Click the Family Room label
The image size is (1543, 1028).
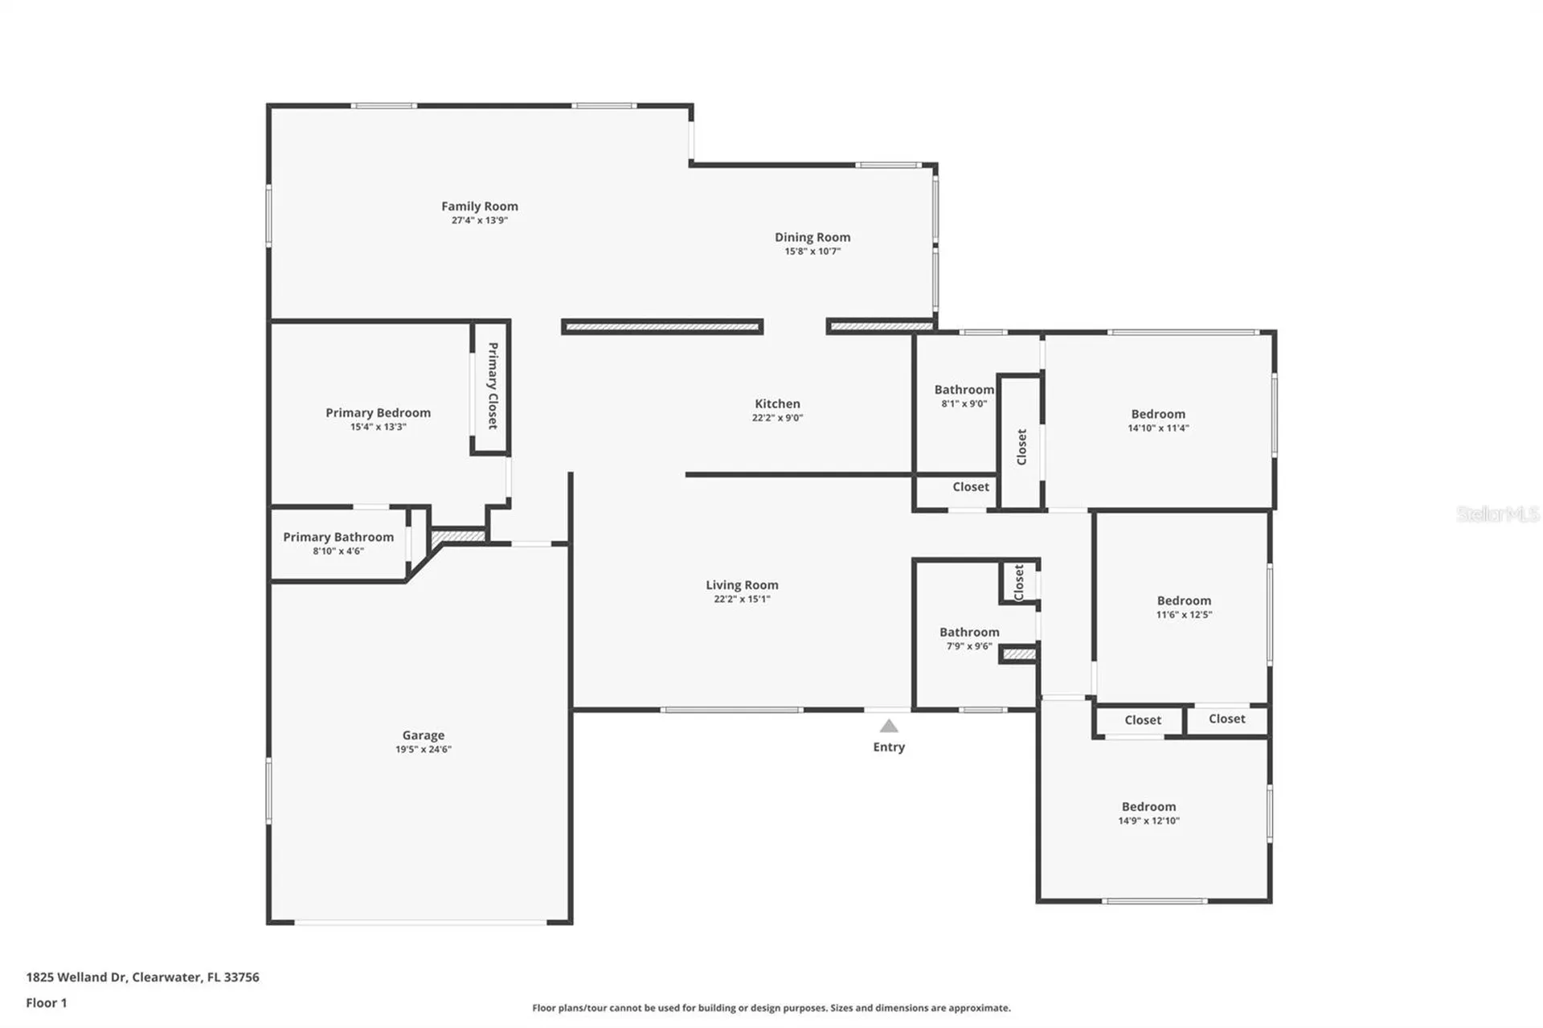[x=480, y=207]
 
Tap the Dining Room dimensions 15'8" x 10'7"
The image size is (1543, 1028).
[x=812, y=252]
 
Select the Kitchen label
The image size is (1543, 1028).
[x=777, y=403]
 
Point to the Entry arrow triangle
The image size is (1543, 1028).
[x=888, y=726]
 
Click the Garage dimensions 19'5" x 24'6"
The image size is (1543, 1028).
[x=424, y=749]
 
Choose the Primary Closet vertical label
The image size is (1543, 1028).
[x=493, y=386]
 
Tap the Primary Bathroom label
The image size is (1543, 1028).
[x=338, y=537]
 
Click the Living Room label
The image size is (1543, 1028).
[x=742, y=585]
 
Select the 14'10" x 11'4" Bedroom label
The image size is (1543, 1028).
[x=1158, y=414]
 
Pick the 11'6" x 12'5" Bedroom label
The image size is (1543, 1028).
[x=1184, y=600]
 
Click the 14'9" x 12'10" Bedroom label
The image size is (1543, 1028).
[x=1148, y=806]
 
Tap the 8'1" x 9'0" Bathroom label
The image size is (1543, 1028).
[x=964, y=390]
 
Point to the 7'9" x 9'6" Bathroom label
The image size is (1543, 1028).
[x=969, y=633]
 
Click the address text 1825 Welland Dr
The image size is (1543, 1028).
[x=76, y=977]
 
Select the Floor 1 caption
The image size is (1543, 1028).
[x=47, y=1003]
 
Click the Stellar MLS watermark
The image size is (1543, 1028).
[x=1498, y=514]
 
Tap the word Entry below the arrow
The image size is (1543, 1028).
[x=889, y=747]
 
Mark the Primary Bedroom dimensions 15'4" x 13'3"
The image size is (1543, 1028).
[x=379, y=427]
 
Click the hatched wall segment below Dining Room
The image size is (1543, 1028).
[x=881, y=326]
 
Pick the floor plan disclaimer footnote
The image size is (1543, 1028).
[x=771, y=1008]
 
